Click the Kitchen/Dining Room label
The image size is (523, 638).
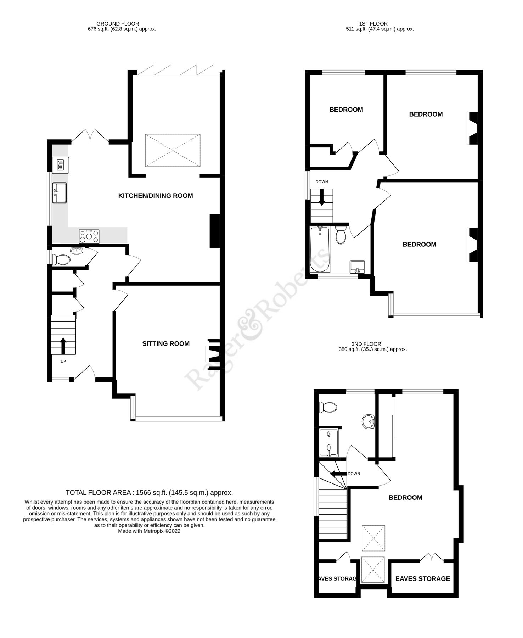coord(156,196)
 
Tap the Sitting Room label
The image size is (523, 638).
coord(166,343)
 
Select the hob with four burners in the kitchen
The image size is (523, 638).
coord(89,236)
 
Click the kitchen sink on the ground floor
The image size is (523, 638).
coord(59,193)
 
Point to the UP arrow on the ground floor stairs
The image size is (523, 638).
coord(63,346)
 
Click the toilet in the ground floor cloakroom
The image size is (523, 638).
coord(61,260)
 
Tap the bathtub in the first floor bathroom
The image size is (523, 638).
coord(319,250)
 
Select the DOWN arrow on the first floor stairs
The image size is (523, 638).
coord(322,197)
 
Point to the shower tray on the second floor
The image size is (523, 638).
coord(328,443)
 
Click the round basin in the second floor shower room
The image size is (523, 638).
coord(369,421)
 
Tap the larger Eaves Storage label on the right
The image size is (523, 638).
coord(422,578)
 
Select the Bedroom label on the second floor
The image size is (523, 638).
coord(405,497)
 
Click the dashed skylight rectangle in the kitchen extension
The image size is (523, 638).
coord(173,150)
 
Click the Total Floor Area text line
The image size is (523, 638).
coord(149,492)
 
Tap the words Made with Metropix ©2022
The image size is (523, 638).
coord(149,531)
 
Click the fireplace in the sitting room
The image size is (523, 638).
coord(214,354)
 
